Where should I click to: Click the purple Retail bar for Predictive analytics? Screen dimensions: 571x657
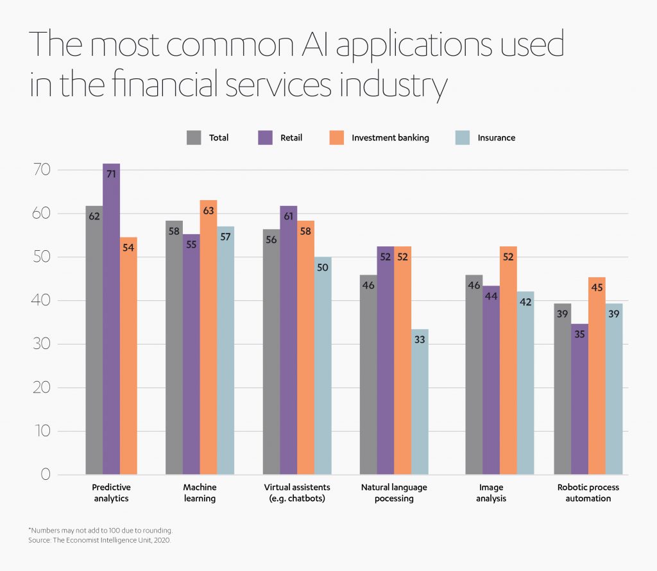pyautogui.click(x=111, y=321)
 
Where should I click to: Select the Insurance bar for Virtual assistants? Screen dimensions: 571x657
pyautogui.click(x=323, y=366)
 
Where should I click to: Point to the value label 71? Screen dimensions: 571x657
pyautogui.click(x=111, y=174)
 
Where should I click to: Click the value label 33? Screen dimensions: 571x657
pyautogui.click(x=420, y=339)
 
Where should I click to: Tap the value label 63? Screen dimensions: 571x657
pyautogui.click(x=208, y=210)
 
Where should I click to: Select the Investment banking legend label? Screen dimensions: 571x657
pyautogui.click(x=390, y=137)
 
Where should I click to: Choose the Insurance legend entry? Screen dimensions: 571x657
pyautogui.click(x=496, y=137)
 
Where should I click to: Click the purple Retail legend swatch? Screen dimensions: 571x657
pyautogui.click(x=265, y=137)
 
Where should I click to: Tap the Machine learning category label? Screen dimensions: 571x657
pyautogui.click(x=200, y=493)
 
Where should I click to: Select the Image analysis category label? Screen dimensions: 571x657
pyautogui.click(x=491, y=493)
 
